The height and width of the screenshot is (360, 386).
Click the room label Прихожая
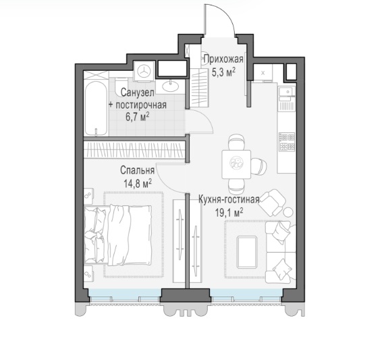click(223, 59)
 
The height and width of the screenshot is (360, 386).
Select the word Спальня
click(138, 170)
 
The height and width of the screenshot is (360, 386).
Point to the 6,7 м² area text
click(138, 117)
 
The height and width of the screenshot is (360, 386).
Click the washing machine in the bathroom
click(144, 71)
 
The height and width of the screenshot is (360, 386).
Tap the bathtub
click(96, 109)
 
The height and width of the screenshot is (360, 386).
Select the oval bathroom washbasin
click(170, 86)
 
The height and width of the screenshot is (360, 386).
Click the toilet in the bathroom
click(121, 85)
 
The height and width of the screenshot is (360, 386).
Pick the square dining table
click(236, 164)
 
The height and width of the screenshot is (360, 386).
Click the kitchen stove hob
click(287, 143)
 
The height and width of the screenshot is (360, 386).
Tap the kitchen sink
click(287, 91)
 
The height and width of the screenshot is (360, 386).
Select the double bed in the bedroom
click(117, 235)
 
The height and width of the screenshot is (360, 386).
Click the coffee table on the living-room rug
click(247, 252)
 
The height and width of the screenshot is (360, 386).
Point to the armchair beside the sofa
click(273, 203)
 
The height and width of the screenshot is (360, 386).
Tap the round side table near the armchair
click(288, 211)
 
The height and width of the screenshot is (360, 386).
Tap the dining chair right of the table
click(259, 165)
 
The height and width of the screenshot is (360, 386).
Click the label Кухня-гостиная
click(229, 199)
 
